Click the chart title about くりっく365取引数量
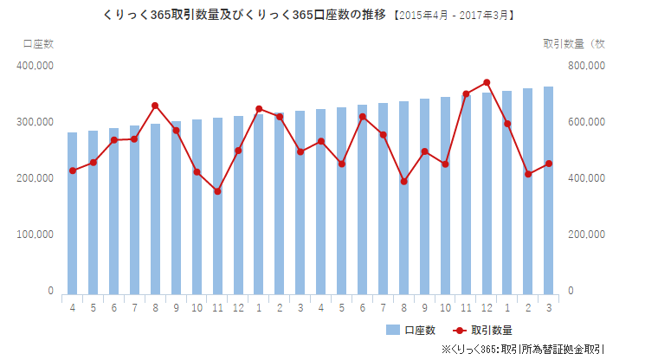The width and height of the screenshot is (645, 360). tap(229, 16)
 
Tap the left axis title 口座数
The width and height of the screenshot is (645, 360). tap(35, 42)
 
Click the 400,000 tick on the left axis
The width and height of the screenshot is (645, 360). tap(35, 65)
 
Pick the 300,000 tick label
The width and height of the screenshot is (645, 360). tap(35, 122)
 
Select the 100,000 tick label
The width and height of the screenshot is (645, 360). tap(35, 235)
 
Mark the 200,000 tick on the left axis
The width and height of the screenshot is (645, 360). tap(35, 178)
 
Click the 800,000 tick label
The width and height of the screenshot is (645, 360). tap(585, 65)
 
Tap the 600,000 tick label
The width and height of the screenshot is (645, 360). tap(585, 122)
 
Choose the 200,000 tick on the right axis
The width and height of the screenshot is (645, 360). tap(585, 235)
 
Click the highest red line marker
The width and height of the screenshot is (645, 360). tap(487, 83)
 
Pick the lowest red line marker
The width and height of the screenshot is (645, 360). tap(217, 191)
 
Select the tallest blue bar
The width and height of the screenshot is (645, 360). tap(548, 190)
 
